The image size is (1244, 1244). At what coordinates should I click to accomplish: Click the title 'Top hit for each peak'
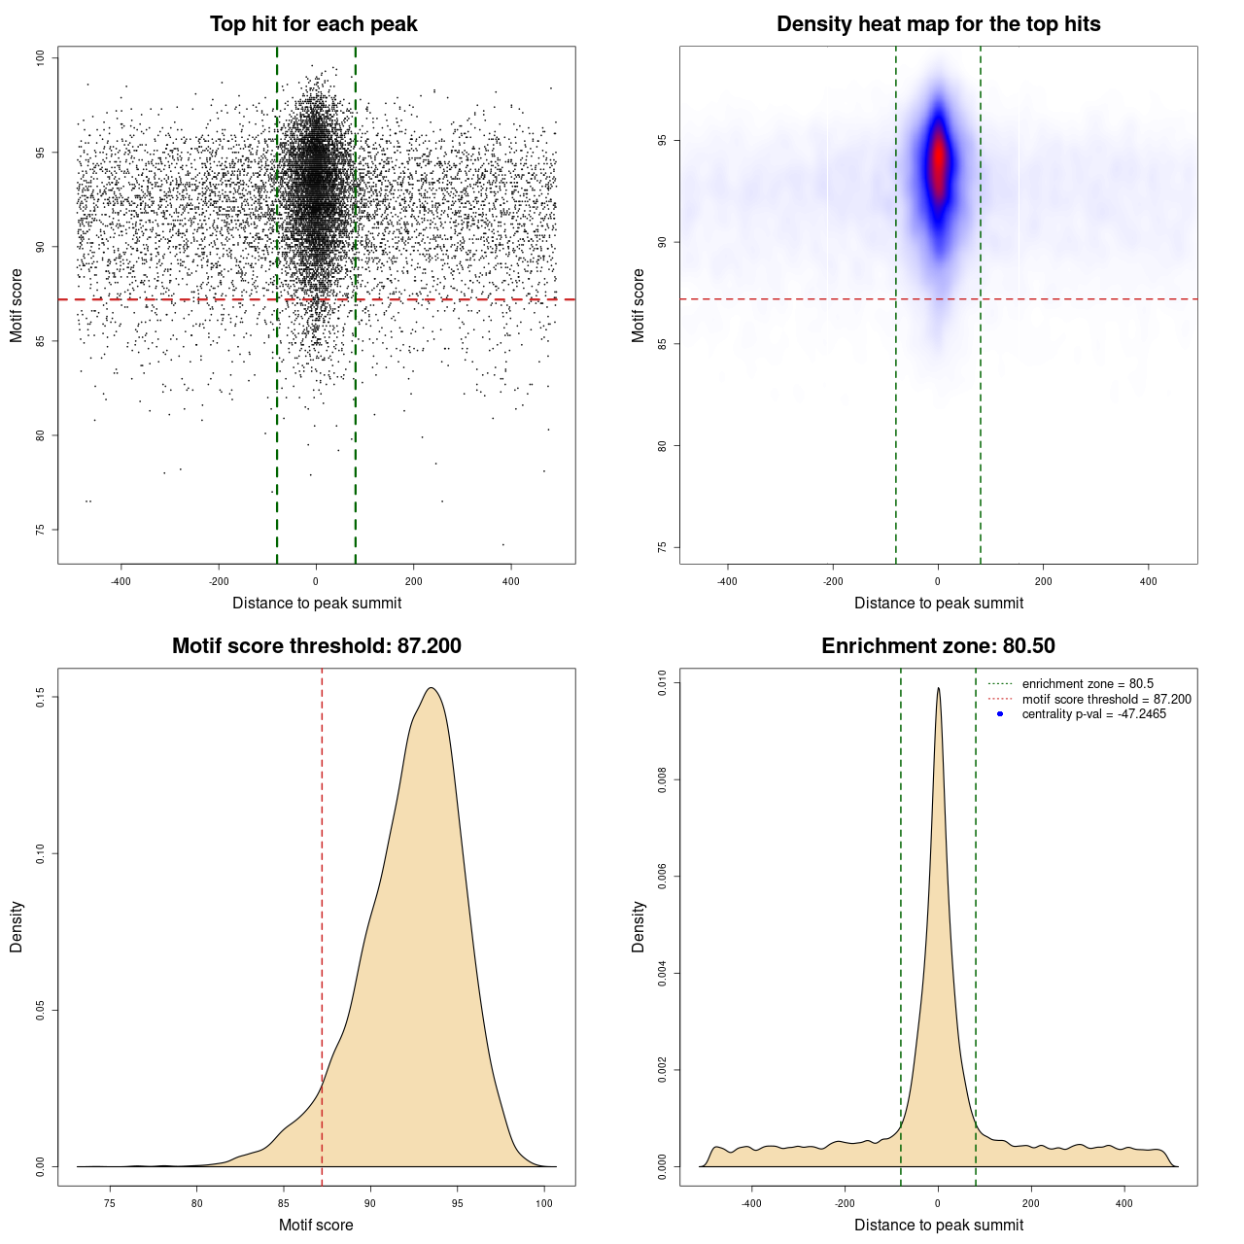click(x=313, y=24)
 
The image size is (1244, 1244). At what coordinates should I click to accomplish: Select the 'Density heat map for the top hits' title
click(x=938, y=24)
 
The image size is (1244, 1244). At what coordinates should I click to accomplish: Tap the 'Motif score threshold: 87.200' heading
click(x=316, y=646)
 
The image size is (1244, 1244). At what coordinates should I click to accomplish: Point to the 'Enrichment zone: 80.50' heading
click(x=938, y=646)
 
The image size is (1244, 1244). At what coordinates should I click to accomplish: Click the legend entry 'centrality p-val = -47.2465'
click(x=1093, y=714)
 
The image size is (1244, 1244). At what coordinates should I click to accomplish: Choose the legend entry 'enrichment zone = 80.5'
click(x=1088, y=684)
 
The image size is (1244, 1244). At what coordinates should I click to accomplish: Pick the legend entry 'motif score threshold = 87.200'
click(x=1106, y=700)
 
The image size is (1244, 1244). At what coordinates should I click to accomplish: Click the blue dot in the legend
click(x=1000, y=714)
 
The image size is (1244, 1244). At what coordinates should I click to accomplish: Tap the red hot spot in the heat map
click(x=938, y=160)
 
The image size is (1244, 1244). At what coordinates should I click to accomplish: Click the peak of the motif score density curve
click(x=431, y=688)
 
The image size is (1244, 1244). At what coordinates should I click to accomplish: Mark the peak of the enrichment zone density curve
click(x=938, y=688)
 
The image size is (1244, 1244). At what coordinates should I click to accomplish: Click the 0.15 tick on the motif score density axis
click(x=40, y=697)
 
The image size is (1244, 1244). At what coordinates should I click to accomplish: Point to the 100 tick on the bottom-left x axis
click(x=544, y=1203)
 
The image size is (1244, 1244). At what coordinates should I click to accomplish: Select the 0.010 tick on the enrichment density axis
click(x=662, y=683)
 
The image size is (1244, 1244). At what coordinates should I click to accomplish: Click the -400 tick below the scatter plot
click(x=121, y=581)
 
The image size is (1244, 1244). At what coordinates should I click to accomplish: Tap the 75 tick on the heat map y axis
click(x=662, y=547)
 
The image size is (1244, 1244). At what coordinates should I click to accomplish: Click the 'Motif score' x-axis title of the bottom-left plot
click(x=316, y=1225)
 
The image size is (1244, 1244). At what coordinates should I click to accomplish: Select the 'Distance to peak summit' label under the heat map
click(x=938, y=603)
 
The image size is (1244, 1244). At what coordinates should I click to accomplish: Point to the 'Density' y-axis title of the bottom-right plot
click(x=639, y=926)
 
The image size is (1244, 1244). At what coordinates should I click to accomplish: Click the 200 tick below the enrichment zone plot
click(x=1031, y=1203)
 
